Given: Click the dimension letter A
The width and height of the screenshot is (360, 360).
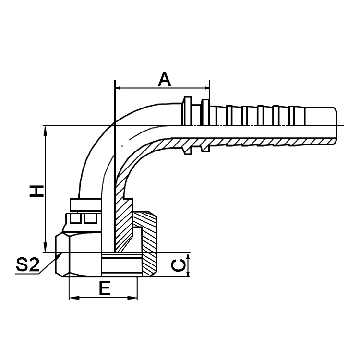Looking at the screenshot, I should click(165, 79).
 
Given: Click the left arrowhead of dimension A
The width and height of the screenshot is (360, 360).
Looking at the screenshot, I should click(118, 88).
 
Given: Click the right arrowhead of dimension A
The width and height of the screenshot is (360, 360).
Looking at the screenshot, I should click(206, 88).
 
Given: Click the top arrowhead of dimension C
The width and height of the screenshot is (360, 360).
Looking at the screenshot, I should click(188, 256).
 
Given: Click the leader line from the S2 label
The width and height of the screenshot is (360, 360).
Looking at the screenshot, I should click(48, 265).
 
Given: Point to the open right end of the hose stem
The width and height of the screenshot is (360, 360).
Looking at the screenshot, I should click(335, 125).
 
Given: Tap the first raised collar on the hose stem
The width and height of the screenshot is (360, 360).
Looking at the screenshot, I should click(188, 110).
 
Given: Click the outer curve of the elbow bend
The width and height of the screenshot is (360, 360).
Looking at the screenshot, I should click(94, 144).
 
